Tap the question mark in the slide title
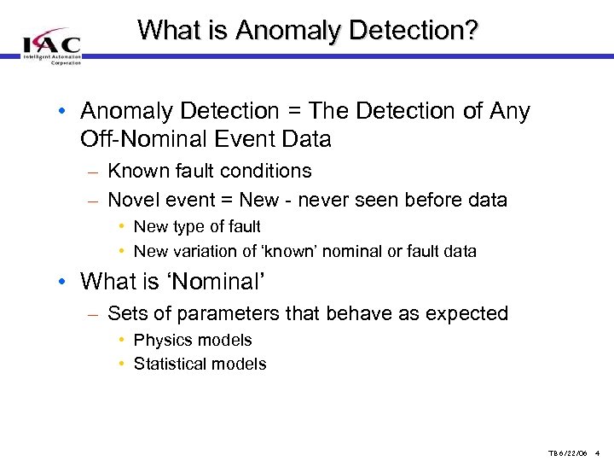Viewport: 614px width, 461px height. point(469,31)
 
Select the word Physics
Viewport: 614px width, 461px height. point(163,340)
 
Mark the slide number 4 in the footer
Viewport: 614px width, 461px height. point(599,453)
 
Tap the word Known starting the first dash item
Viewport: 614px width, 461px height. point(138,171)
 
